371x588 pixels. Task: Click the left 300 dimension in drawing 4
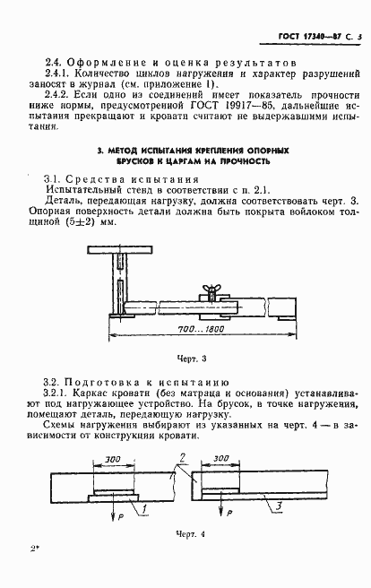click(112, 460)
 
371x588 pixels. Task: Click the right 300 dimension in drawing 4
click(222, 460)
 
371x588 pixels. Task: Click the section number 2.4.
click(52, 64)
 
